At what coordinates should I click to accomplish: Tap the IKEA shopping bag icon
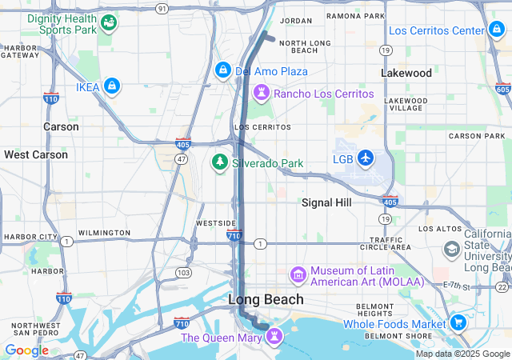tap(111, 85)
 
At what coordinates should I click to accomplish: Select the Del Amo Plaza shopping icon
tap(222, 71)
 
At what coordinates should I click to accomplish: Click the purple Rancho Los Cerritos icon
tap(261, 93)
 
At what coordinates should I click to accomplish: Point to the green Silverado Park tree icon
tap(219, 162)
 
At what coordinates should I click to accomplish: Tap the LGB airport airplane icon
tap(366, 157)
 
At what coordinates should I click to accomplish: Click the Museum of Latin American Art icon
tap(298, 276)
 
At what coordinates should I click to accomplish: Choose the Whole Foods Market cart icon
tap(458, 323)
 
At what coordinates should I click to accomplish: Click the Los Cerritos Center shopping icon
tap(497, 30)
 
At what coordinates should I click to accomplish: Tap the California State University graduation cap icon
tap(452, 250)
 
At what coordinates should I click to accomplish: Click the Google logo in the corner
tap(26, 350)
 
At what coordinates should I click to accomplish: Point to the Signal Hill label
tap(326, 203)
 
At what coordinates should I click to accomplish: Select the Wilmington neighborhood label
tap(104, 233)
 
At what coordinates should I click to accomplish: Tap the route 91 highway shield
tap(162, 8)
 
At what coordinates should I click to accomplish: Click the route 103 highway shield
tap(184, 273)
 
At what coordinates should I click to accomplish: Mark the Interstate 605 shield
tap(502, 89)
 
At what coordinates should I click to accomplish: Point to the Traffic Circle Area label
tap(390, 243)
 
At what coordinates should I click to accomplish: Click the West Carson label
tap(36, 154)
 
